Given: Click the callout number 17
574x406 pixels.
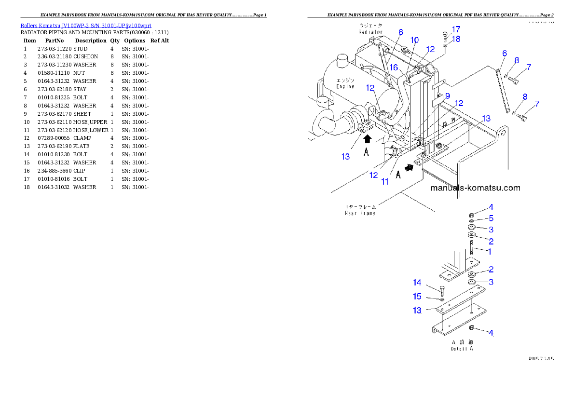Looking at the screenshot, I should click(x=456, y=29).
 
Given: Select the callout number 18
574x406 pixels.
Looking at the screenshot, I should click(x=456, y=39).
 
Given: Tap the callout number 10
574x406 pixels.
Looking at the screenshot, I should click(x=415, y=40).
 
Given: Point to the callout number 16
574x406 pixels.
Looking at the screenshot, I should click(x=394, y=68).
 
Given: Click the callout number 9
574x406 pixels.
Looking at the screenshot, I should click(x=447, y=95).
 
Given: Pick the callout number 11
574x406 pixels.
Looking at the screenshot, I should click(x=385, y=182).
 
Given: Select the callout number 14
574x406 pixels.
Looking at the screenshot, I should click(x=417, y=283).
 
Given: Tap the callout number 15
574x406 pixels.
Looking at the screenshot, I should click(x=417, y=297).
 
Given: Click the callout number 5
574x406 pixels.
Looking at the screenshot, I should click(x=491, y=218).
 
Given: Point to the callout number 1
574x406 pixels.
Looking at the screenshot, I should click(x=489, y=251).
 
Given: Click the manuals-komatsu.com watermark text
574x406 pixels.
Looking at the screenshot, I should click(x=475, y=188).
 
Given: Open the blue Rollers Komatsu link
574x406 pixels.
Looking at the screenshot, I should click(x=86, y=26).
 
